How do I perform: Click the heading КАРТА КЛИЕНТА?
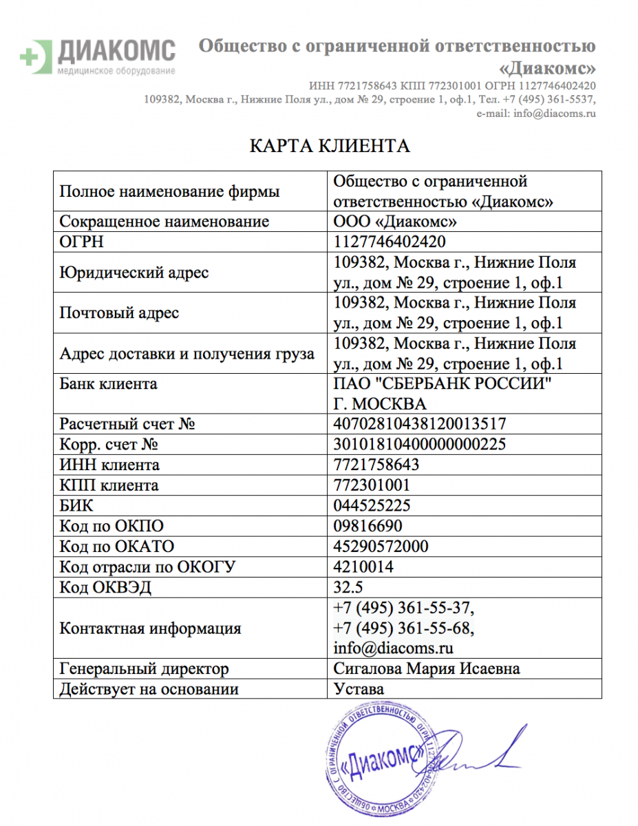[x=329, y=146]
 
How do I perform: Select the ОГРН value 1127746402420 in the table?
[x=389, y=242]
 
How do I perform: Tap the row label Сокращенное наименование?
[x=164, y=222]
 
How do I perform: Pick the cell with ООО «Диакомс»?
[x=394, y=222]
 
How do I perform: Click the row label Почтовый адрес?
[x=119, y=313]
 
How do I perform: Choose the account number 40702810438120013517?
[x=420, y=424]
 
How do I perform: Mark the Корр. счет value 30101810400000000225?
[x=420, y=445]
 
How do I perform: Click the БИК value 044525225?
[x=372, y=506]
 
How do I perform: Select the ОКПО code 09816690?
[x=368, y=527]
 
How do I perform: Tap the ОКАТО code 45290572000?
[x=381, y=547]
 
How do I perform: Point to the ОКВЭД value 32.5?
[x=348, y=588]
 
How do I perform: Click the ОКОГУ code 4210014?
[x=363, y=567]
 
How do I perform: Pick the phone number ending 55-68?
[x=403, y=628]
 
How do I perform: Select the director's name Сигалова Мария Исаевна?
[x=426, y=668]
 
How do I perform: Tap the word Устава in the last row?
[x=359, y=689]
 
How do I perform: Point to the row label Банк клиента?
[x=108, y=384]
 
